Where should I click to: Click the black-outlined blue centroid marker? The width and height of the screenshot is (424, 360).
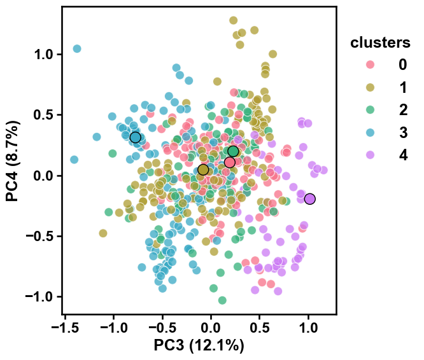(136, 137)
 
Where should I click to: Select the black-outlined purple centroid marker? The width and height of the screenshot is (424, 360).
(309, 199)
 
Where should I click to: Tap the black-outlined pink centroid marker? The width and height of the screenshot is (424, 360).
(230, 162)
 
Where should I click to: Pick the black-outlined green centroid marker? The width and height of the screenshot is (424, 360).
(233, 151)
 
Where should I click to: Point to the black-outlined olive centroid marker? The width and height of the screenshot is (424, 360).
(203, 170)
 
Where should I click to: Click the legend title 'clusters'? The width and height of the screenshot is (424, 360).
(380, 43)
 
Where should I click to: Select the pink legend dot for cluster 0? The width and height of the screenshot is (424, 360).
(370, 64)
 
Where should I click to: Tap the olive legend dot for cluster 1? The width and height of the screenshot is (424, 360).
(370, 87)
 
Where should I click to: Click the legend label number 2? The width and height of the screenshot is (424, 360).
(403, 110)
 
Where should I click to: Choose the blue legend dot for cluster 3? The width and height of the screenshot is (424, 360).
(370, 132)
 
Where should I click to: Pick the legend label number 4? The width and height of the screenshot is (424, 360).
(403, 155)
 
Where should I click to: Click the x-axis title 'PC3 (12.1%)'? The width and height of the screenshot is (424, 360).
(199, 345)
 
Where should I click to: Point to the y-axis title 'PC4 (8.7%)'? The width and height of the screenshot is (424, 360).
(13, 161)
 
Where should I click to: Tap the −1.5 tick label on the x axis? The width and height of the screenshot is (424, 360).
(65, 328)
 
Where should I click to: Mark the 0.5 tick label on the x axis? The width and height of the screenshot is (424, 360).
(260, 328)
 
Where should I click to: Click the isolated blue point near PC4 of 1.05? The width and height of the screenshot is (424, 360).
(77, 49)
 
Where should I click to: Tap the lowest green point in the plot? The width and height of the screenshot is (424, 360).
(222, 300)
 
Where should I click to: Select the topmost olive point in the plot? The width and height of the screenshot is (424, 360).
(233, 20)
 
